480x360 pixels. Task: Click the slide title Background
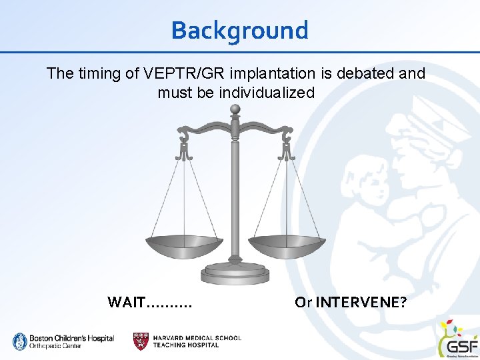(x=239, y=30)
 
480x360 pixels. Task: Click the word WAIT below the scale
(x=125, y=302)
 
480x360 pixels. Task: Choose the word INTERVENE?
(x=361, y=302)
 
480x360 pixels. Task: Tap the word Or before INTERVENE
(x=303, y=302)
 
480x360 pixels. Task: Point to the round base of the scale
(x=235, y=273)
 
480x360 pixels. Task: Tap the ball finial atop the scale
(x=235, y=109)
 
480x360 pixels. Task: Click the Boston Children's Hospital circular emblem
(x=19, y=341)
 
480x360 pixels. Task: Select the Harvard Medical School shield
(x=141, y=341)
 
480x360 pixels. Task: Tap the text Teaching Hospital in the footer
(x=186, y=345)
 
